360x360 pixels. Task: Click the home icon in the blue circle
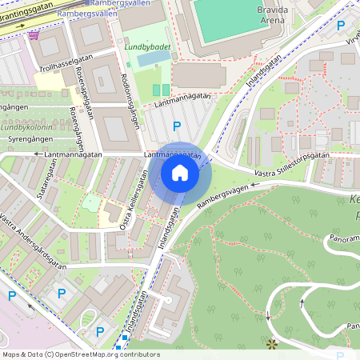180,172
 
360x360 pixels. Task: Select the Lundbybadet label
144,47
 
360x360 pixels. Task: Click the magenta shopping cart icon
33,35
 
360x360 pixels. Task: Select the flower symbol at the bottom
271,344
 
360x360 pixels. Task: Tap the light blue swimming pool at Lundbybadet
150,60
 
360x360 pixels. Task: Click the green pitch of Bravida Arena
232,14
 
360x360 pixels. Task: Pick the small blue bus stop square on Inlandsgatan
118,347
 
